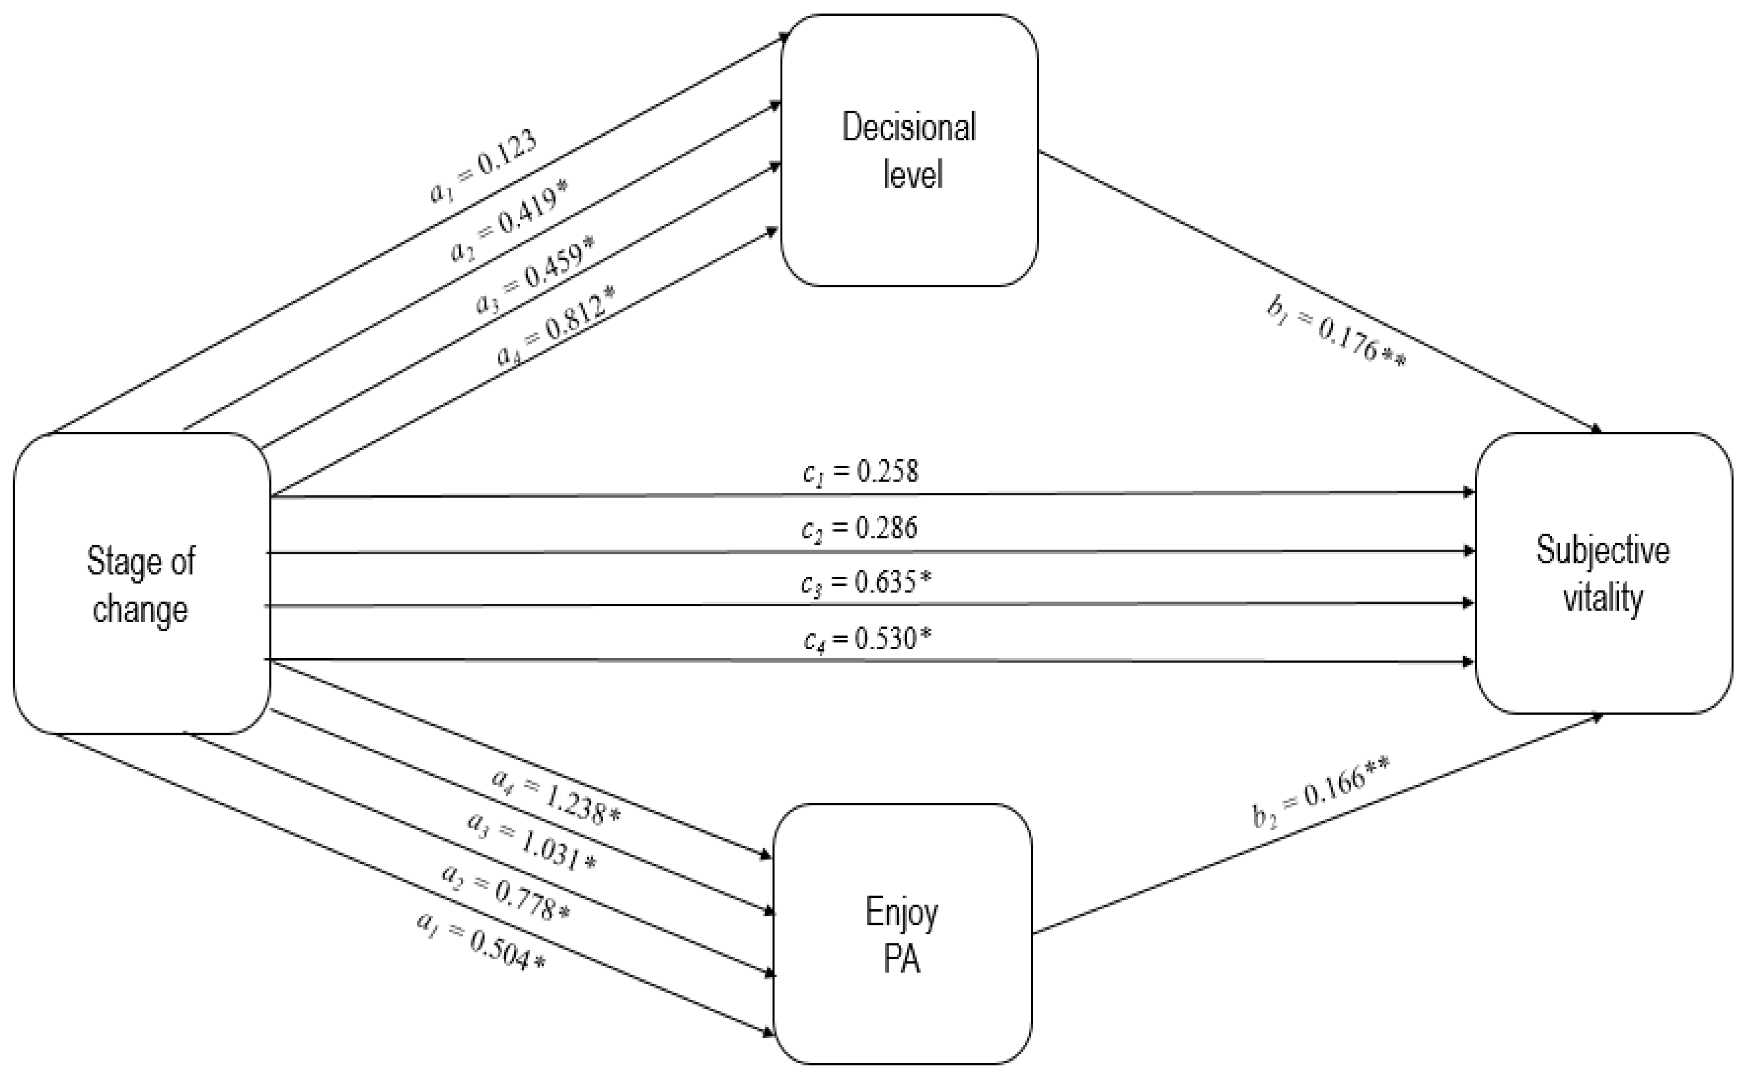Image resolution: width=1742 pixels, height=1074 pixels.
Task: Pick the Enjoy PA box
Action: [902, 933]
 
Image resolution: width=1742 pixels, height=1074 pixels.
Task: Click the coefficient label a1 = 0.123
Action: [483, 167]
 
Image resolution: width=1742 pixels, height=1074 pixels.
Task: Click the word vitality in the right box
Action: [1603, 598]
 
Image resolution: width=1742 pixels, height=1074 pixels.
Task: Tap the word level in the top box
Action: [913, 174]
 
